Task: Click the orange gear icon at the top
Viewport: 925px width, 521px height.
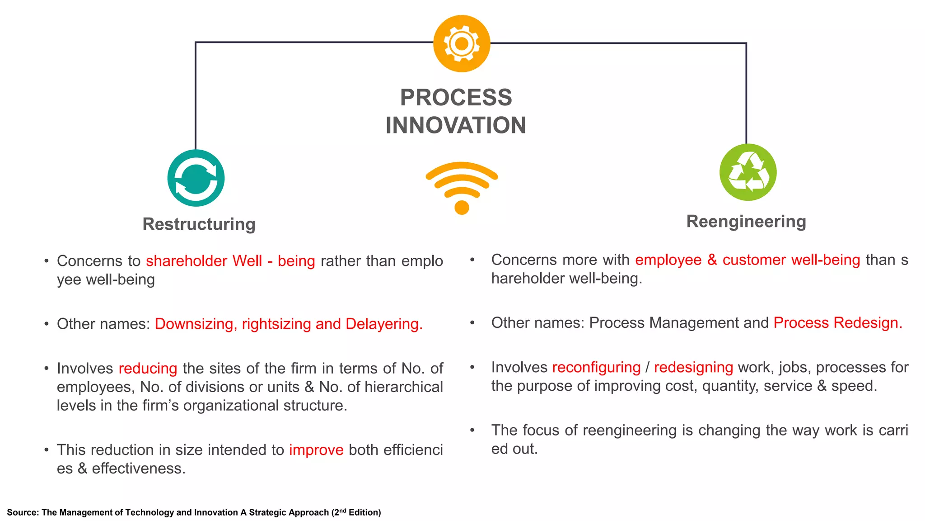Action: [x=462, y=43]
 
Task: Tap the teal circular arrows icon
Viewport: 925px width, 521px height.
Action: [x=196, y=178]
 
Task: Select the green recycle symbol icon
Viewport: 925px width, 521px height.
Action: [x=748, y=172]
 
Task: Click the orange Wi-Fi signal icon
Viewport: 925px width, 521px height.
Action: [x=462, y=187]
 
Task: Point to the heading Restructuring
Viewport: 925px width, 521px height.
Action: [x=199, y=224]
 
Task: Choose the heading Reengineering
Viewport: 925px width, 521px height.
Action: [x=746, y=222]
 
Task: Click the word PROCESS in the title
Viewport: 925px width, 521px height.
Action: [x=456, y=98]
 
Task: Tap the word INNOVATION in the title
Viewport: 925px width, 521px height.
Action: [x=456, y=125]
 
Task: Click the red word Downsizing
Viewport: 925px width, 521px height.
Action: [x=194, y=324]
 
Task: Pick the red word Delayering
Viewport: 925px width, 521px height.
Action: [x=384, y=324]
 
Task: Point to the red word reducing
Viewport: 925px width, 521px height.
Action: [x=148, y=369]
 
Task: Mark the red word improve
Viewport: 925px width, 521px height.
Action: [x=316, y=450]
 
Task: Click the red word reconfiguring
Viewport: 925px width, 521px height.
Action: [x=596, y=367]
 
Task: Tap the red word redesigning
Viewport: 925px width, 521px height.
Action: [x=693, y=367]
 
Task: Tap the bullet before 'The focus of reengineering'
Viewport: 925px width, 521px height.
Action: [x=472, y=430]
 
